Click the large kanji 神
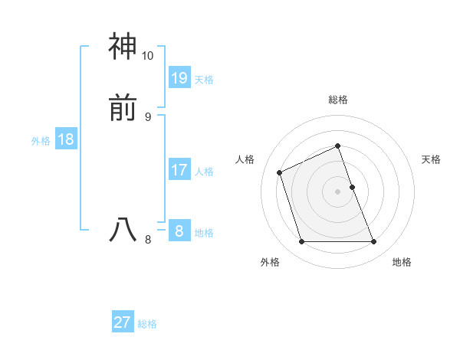[x=123, y=47]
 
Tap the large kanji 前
[x=123, y=110]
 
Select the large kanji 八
[x=123, y=230]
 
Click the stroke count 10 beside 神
[x=147, y=56]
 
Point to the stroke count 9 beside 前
[x=147, y=116]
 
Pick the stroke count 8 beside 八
[x=147, y=239]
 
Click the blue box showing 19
[x=179, y=77]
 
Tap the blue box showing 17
[x=179, y=169]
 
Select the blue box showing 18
[x=66, y=139]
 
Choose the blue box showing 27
[x=123, y=322]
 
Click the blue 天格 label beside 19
[x=204, y=80]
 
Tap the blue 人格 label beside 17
[x=204, y=172]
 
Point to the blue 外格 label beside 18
[x=41, y=141]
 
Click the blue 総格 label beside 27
[x=147, y=325]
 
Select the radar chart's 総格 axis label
[x=338, y=100]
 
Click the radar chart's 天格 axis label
[x=431, y=159]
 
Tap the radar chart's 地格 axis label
[x=402, y=262]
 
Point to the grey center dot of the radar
[x=338, y=191]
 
